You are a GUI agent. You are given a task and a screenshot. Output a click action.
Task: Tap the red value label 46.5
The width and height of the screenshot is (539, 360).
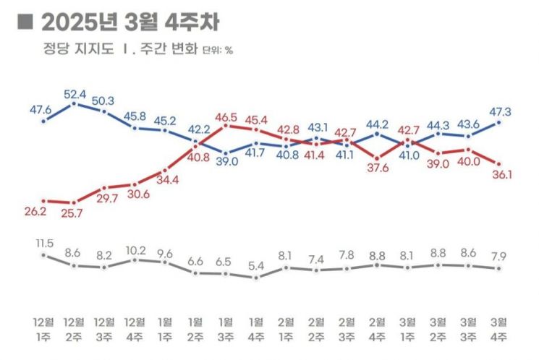click(x=227, y=116)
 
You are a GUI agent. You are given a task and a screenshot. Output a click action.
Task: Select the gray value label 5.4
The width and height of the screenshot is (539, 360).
click(x=256, y=265)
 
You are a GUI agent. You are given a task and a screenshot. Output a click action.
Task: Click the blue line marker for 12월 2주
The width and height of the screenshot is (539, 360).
click(x=75, y=104)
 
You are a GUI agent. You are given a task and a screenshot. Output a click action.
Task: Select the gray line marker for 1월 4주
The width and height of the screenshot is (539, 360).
click(x=256, y=276)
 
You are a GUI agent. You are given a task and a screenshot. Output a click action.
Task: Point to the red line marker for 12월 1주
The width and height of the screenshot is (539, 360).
click(x=44, y=201)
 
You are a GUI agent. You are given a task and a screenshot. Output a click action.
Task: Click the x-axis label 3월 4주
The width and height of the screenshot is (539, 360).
click(x=500, y=327)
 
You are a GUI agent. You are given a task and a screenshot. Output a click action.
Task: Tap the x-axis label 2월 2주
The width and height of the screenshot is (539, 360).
click(x=317, y=327)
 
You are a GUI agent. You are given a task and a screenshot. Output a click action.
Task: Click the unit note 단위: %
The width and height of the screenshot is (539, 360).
click(x=218, y=51)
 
